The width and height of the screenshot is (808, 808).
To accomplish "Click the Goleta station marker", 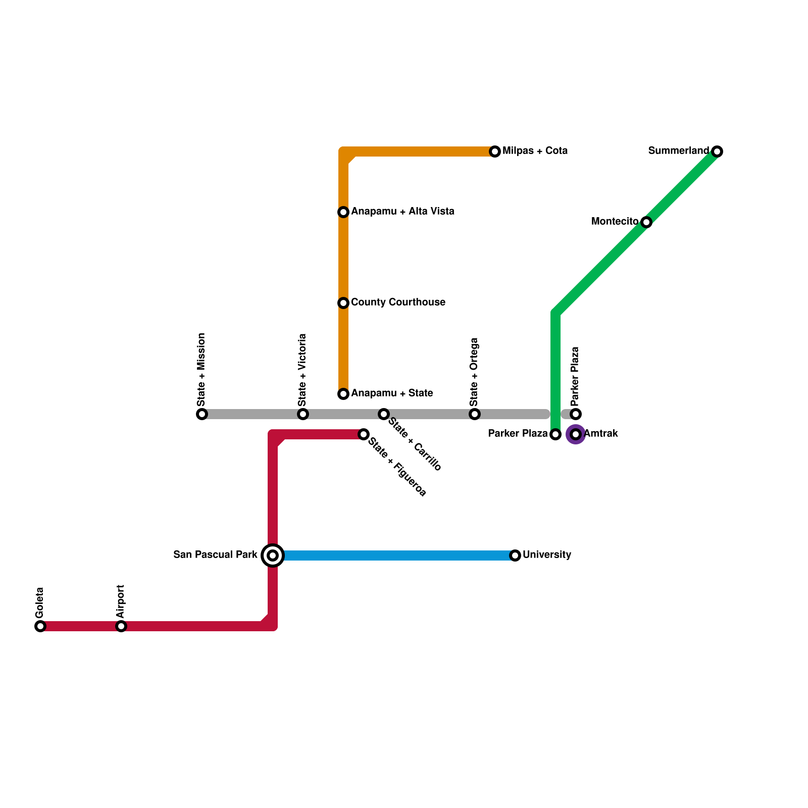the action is tap(40, 626).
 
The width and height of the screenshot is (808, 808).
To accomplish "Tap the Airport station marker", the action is tap(121, 626).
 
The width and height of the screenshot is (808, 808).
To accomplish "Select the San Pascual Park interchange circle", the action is tap(273, 555).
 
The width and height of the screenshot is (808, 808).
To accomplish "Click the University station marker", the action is tap(515, 555).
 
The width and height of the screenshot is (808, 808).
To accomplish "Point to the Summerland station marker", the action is tap(717, 151).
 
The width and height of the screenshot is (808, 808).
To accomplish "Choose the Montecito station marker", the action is tap(646, 222).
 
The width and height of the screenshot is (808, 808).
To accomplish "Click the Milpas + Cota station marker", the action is tap(495, 151).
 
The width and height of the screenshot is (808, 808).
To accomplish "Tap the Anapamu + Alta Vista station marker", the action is tap(343, 212).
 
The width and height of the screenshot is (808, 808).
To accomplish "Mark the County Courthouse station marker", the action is tap(343, 303).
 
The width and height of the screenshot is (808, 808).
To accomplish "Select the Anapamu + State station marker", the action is tap(343, 394).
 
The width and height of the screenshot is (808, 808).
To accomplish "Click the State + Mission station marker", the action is tap(202, 414).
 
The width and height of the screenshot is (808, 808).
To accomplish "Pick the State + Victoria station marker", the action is tap(303, 414).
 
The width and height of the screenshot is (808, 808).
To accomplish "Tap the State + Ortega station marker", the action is tap(475, 414).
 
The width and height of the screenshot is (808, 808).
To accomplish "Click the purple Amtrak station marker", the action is tap(576, 434).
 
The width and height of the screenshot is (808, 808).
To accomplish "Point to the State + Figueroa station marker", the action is tap(364, 434).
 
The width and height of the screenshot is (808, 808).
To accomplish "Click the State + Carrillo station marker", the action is tap(384, 414).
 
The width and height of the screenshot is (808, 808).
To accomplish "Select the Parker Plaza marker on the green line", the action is tap(555, 434).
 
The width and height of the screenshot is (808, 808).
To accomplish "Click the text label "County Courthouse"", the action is tap(398, 302).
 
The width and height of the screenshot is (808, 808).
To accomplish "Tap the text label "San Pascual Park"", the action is tap(216, 555).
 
